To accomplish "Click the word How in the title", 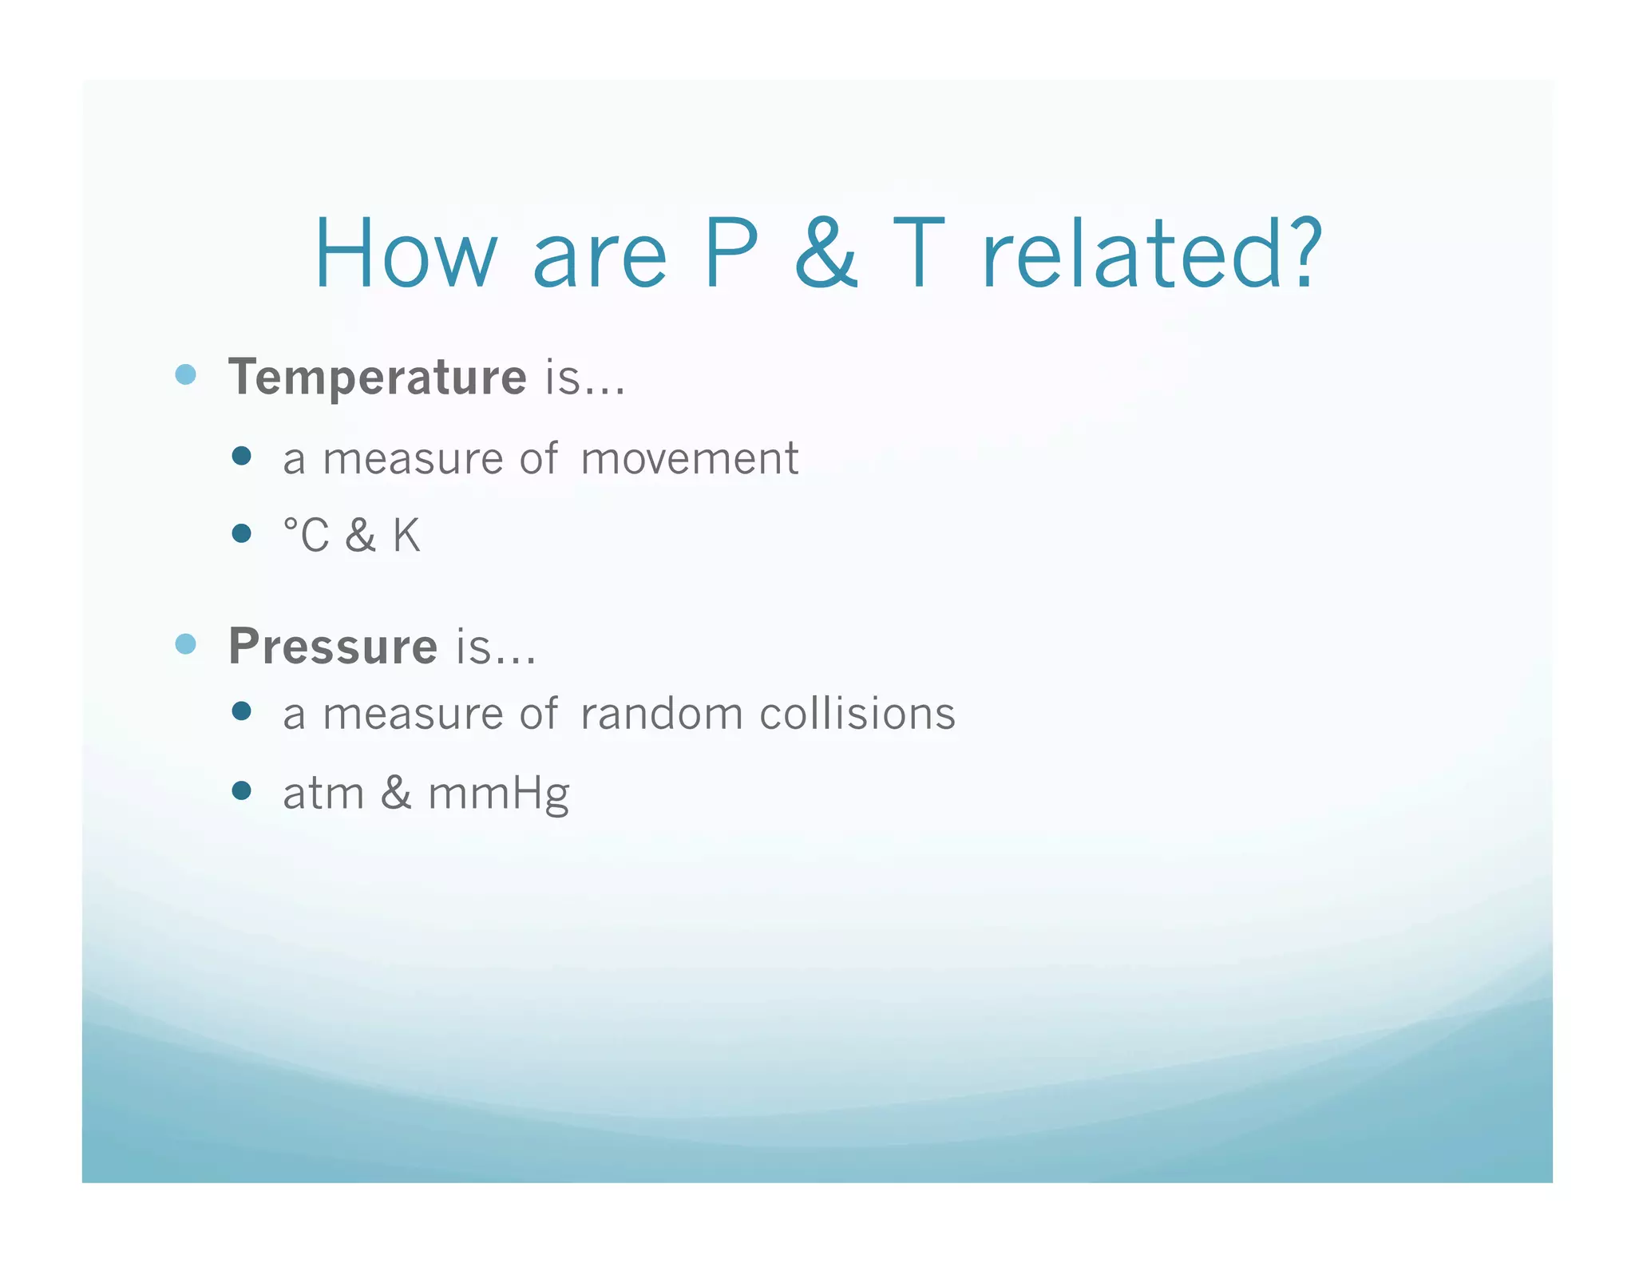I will (x=406, y=254).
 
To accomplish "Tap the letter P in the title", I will (x=731, y=254).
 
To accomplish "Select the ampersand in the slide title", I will (x=826, y=254).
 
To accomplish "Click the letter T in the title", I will (x=918, y=254).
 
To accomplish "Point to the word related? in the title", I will (x=1151, y=254).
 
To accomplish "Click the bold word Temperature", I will (x=377, y=377).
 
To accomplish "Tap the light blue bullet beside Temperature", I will (x=185, y=374).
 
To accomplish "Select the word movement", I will (x=689, y=459).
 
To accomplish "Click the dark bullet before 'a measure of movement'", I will (x=241, y=456).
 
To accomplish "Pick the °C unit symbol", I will (x=306, y=535).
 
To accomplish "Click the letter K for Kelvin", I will (x=406, y=535).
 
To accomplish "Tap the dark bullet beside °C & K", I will (x=241, y=533).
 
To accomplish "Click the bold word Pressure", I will (x=333, y=646).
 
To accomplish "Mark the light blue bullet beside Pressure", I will (x=185, y=643).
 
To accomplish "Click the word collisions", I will (x=857, y=714).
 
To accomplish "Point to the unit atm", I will (x=323, y=794).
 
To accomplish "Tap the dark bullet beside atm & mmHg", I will (x=241, y=790).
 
